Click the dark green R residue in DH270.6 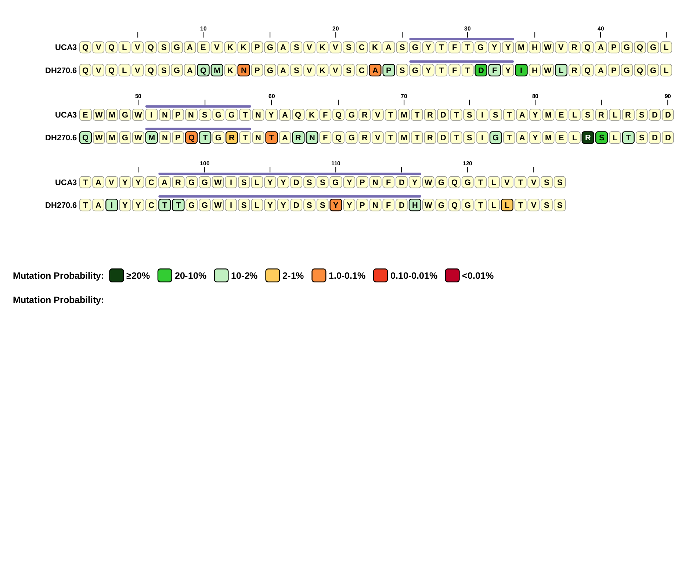[588, 138]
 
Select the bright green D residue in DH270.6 [481, 70]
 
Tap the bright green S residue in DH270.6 [601, 138]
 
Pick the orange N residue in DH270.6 [244, 70]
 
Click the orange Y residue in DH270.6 [336, 205]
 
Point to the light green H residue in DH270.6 [415, 205]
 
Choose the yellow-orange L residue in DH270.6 [507, 205]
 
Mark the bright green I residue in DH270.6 [521, 70]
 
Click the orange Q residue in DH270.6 [191, 138]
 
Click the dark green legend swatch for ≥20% [116, 275]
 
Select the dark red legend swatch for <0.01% [452, 275]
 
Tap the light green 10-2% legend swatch [221, 275]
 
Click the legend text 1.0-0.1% [347, 276]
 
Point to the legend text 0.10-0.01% [414, 276]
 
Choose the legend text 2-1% [293, 276]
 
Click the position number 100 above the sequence [205, 163]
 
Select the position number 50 [138, 96]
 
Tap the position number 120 [467, 163]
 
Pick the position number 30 [467, 29]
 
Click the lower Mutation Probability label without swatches [58, 300]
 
